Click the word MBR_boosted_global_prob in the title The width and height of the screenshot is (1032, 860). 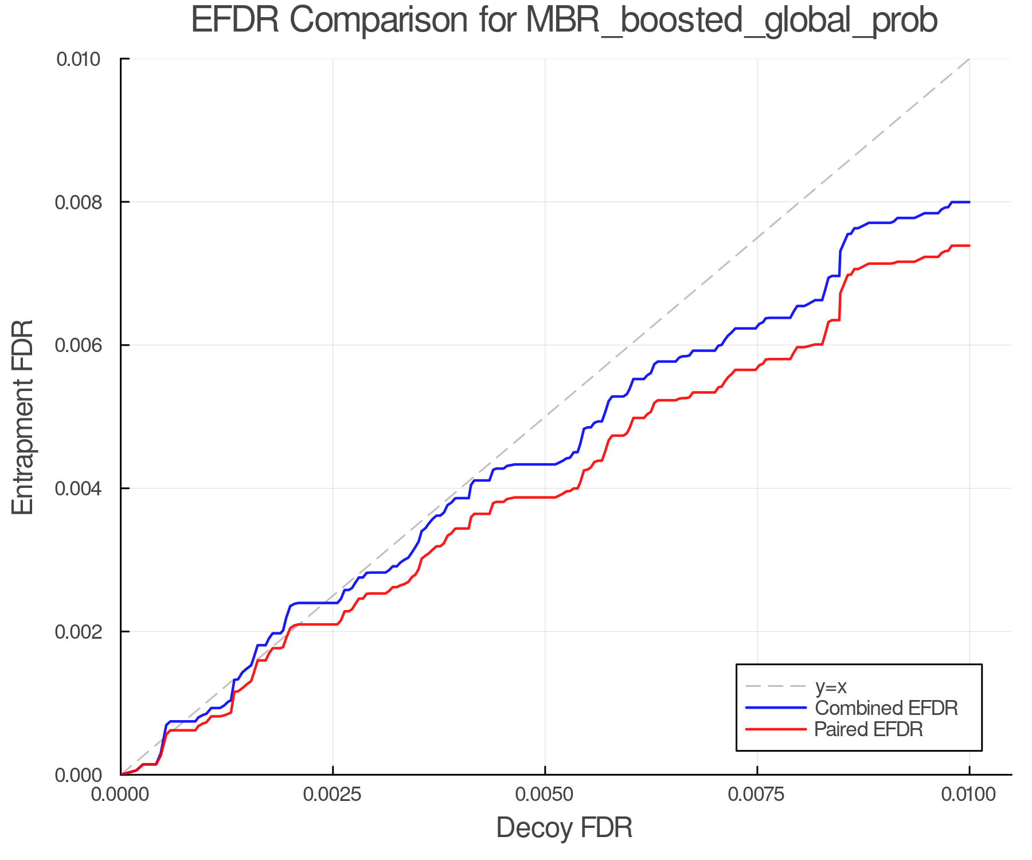[731, 21]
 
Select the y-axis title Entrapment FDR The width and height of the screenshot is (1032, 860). [23, 417]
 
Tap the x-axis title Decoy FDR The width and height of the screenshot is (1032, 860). [564, 828]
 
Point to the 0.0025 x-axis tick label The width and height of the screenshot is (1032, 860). [333, 795]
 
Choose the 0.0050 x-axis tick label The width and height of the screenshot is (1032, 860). [545, 795]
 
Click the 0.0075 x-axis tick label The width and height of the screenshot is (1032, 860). [757, 795]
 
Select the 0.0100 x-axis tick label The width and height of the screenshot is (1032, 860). [969, 795]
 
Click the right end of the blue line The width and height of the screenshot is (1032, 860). [969, 202]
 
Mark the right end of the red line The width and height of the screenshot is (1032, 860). [969, 245]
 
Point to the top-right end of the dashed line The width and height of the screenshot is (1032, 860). [969, 59]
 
